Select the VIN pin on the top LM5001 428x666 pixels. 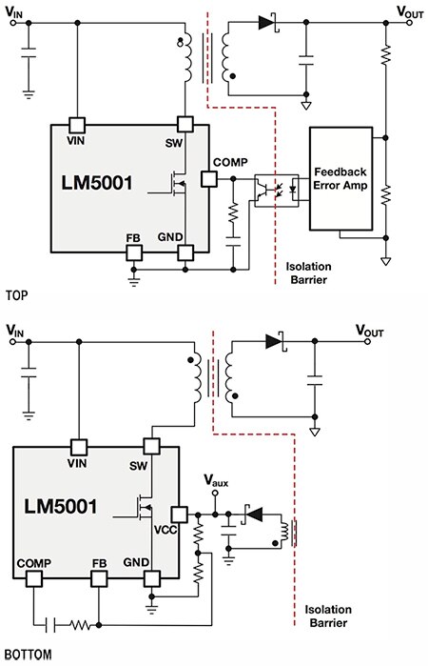point(78,125)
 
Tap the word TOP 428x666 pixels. point(15,296)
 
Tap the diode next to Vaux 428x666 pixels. point(252,515)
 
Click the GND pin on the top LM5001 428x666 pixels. point(186,252)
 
